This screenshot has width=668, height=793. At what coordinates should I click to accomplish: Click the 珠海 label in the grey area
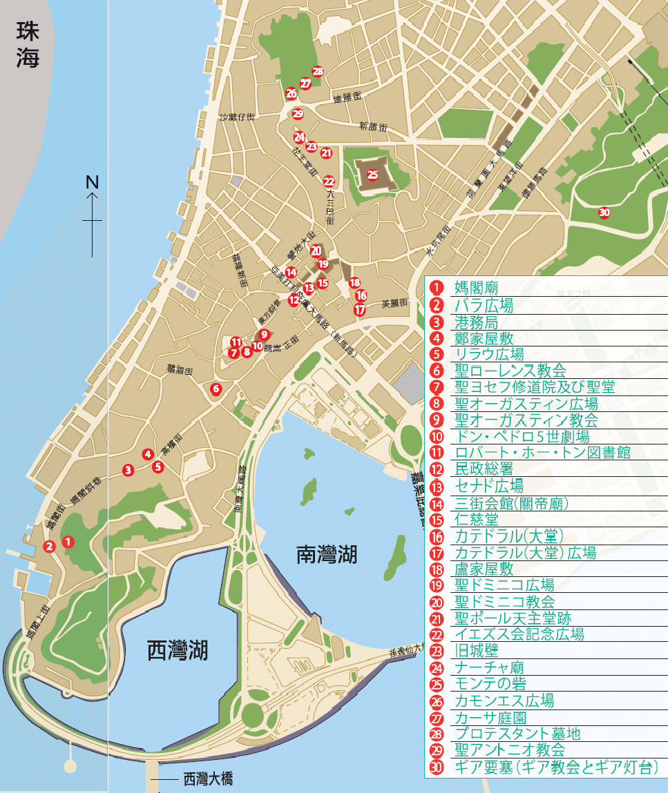pos(28,45)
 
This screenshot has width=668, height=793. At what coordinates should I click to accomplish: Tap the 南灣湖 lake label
pos(330,554)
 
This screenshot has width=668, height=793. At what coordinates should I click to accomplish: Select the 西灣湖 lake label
pos(178,649)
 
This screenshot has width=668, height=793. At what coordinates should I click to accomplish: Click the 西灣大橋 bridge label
pos(207,779)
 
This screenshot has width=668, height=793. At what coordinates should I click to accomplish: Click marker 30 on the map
pos(604,213)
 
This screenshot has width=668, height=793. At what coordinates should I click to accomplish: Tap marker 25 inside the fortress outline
pos(372,175)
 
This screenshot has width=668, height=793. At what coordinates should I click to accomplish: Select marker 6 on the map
pos(216,389)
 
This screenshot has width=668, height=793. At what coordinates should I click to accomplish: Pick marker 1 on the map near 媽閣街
pos(68,542)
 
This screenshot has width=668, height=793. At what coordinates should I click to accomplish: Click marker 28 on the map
pos(318,71)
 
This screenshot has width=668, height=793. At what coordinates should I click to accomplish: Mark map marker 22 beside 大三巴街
pos(329,182)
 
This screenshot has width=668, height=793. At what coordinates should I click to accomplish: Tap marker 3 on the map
pos(128,470)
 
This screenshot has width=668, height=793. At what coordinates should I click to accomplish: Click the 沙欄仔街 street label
pos(237,118)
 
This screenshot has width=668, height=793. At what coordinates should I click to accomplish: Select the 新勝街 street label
pos(373,126)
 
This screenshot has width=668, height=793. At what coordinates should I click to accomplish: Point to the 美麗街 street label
pos(395,303)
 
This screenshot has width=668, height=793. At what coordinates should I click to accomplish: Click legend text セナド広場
pos(488,486)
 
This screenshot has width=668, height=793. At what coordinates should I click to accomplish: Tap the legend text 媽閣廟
pos(476,288)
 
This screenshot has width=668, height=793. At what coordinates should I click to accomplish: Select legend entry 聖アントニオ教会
pos(510,750)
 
